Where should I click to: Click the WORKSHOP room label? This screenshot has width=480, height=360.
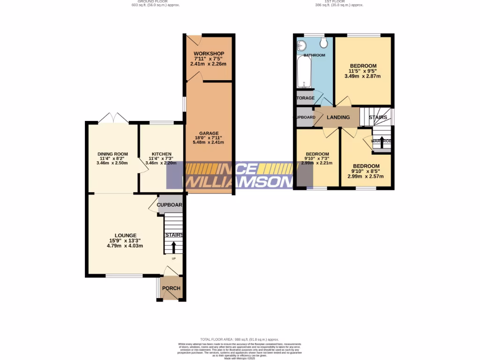[209, 53]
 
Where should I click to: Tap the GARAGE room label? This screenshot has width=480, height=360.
[209, 133]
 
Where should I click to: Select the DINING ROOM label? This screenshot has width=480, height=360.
[112, 154]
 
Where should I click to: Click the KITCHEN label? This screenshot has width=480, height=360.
[161, 154]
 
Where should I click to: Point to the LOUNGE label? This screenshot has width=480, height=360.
[125, 235]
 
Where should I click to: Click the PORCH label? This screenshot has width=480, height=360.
[171, 288]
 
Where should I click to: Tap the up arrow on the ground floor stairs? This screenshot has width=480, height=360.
[174, 247]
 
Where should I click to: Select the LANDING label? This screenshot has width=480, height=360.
[338, 117]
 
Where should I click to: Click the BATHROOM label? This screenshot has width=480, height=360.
[314, 55]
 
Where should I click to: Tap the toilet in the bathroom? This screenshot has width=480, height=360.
[323, 43]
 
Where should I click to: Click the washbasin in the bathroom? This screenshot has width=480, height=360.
[302, 45]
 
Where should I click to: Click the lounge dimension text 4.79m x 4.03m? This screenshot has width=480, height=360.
[125, 246]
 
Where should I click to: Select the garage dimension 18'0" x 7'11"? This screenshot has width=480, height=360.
[209, 138]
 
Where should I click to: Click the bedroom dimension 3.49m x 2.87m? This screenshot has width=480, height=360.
[363, 76]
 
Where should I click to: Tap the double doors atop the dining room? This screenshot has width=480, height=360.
[114, 118]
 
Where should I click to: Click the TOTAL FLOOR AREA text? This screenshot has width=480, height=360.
[240, 339]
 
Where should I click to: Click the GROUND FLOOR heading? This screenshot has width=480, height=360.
[155, 1]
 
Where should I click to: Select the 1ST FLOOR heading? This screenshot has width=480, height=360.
[338, 1]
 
